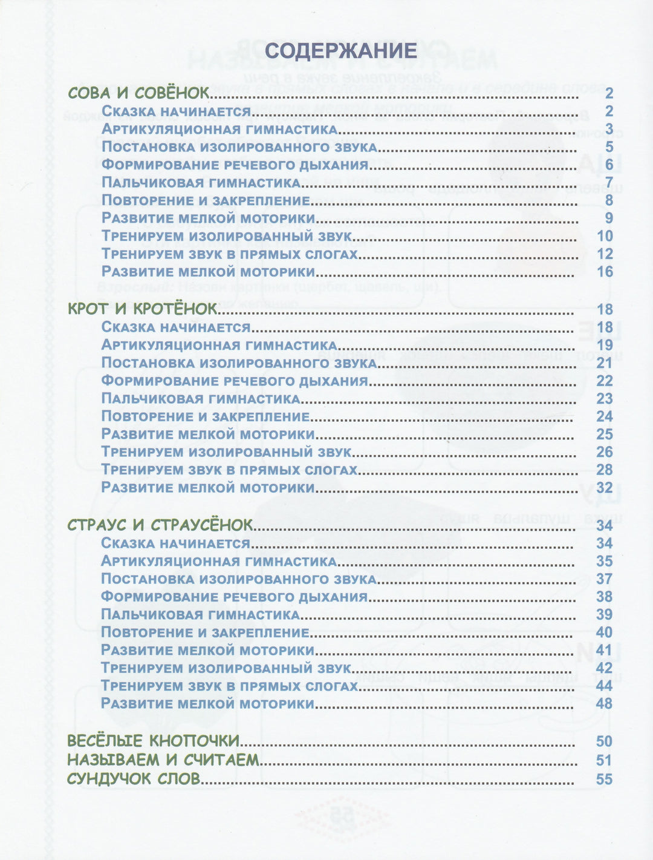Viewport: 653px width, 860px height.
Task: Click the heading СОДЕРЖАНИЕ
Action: click(340, 50)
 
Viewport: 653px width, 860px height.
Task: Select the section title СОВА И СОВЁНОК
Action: click(138, 93)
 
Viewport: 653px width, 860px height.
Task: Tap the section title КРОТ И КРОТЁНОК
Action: click(142, 309)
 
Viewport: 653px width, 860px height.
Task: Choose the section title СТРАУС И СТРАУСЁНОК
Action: click(160, 525)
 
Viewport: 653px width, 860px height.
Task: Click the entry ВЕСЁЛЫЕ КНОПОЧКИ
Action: click(153, 741)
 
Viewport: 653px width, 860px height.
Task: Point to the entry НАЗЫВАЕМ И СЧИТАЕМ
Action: click(163, 760)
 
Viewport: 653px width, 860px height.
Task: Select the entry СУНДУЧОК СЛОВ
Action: click(134, 778)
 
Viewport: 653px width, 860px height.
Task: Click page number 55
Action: click(604, 779)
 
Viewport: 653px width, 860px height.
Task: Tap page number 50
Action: click(604, 741)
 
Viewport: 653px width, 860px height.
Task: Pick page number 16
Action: click(605, 272)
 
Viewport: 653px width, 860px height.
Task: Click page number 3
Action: click(609, 129)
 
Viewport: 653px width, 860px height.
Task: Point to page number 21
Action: click(605, 363)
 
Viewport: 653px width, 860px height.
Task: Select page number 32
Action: click(605, 488)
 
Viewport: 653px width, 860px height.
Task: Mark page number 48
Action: click(605, 704)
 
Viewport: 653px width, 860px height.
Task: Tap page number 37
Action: click(605, 579)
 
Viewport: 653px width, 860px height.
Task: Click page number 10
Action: click(605, 236)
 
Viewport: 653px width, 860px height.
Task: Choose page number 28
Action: click(605, 470)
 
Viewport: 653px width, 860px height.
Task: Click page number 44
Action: click(605, 686)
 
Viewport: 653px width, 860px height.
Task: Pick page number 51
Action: click(604, 760)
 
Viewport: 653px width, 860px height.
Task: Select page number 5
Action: click(609, 147)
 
